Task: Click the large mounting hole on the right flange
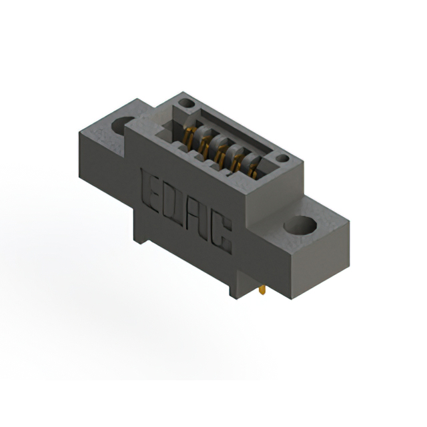(x=299, y=224)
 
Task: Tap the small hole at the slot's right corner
(x=283, y=159)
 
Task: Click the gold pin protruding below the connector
(x=263, y=292)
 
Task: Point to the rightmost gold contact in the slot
(x=252, y=167)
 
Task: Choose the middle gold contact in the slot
(x=220, y=149)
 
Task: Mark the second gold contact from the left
(x=204, y=141)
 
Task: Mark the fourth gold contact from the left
(x=236, y=158)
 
